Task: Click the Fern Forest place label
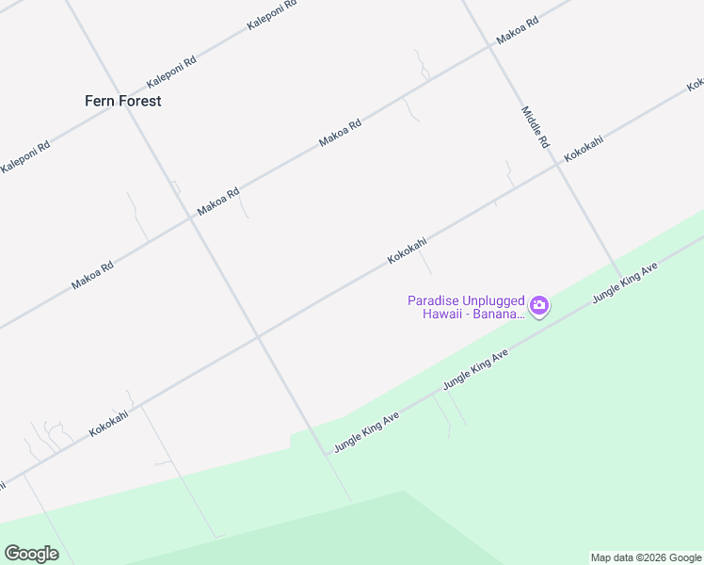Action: coord(122,101)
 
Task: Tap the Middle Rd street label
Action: coord(535,128)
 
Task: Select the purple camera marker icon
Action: coord(539,305)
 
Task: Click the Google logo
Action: coord(31,554)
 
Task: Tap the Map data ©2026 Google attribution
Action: coord(646,557)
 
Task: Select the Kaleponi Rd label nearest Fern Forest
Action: coord(170,73)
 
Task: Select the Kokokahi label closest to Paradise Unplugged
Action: coord(408,250)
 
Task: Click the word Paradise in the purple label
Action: coord(432,300)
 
